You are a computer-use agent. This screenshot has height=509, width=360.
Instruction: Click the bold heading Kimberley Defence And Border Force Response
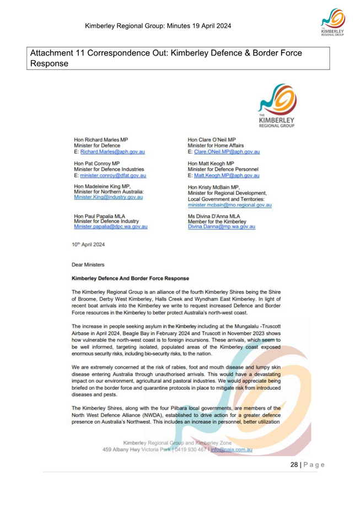pos(123,279)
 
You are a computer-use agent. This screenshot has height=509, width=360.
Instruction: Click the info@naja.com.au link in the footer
pos(231,449)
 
